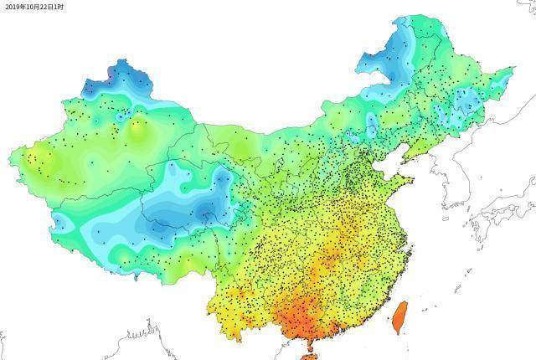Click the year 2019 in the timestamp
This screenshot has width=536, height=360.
[13, 6]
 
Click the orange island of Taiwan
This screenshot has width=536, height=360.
[400, 317]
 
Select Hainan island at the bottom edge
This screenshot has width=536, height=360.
[309, 357]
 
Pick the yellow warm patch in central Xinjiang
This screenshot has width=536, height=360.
[138, 130]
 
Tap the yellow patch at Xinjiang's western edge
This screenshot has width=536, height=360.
[29, 159]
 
